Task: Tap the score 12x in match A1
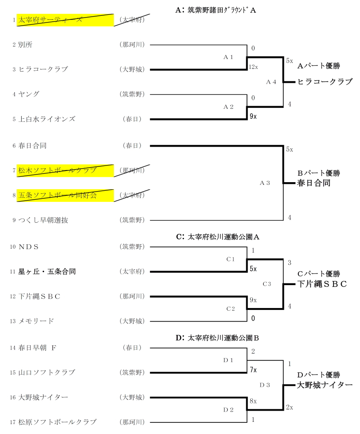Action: (x=253, y=67)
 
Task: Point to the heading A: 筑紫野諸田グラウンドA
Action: (x=216, y=9)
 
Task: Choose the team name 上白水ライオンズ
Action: (x=47, y=119)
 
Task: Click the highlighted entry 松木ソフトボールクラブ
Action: (x=58, y=170)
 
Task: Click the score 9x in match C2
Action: (x=253, y=300)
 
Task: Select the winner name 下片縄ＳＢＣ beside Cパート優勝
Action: (x=322, y=284)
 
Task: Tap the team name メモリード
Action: (x=36, y=321)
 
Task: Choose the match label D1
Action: (x=229, y=359)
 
